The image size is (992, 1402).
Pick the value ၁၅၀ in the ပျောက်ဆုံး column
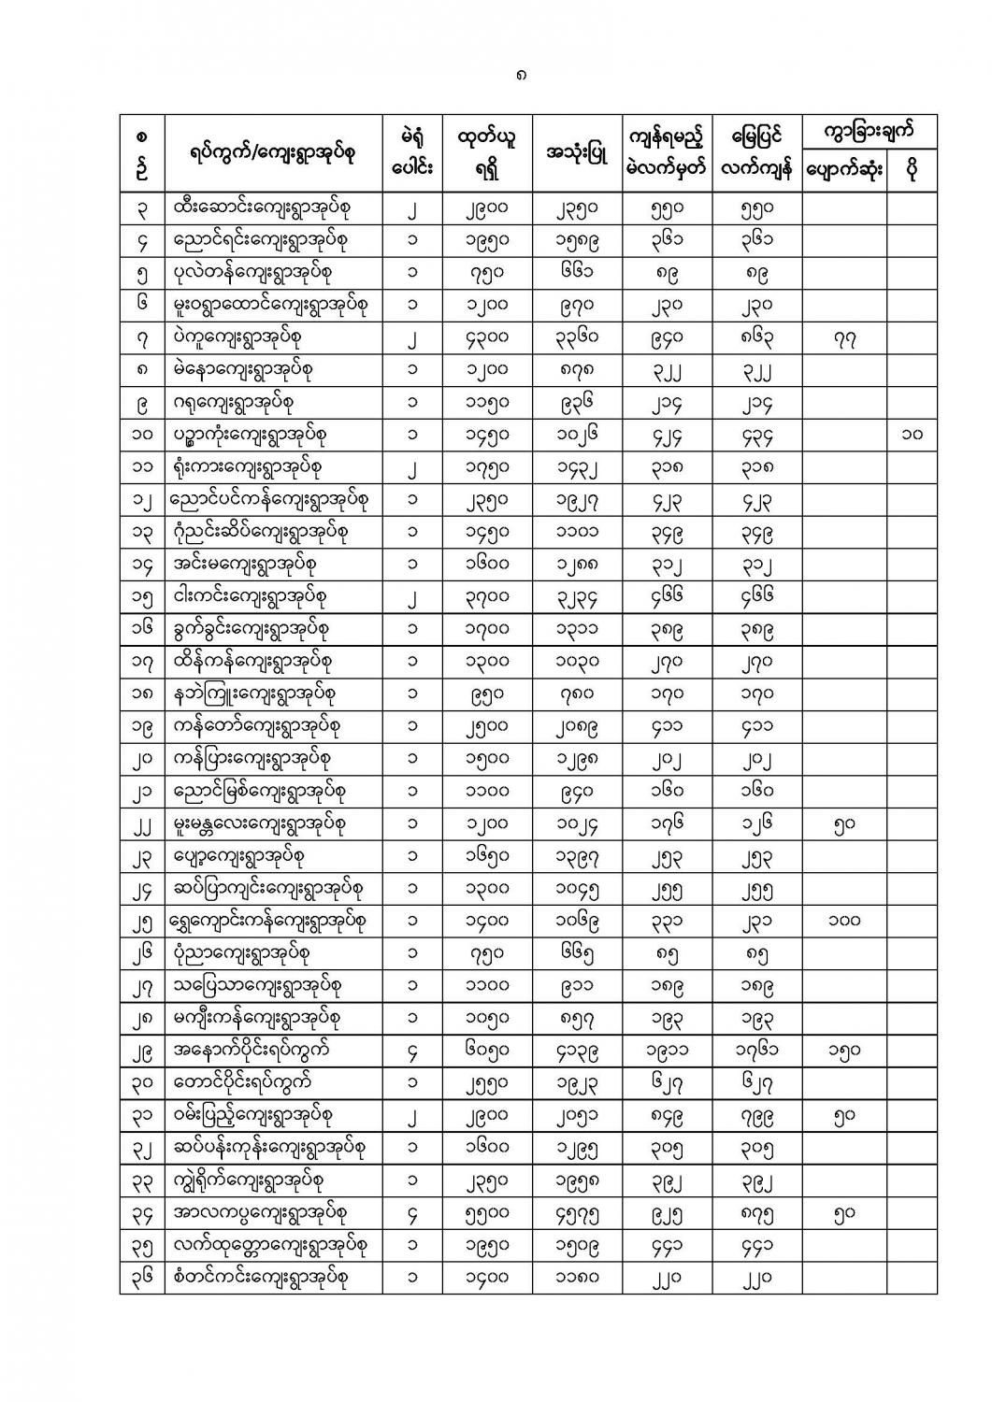click(x=843, y=1051)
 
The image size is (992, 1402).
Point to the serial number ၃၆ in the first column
click(x=142, y=1278)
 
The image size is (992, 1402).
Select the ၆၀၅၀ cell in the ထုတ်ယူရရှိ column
click(x=487, y=1051)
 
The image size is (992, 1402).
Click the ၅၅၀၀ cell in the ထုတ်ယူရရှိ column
click(x=487, y=1213)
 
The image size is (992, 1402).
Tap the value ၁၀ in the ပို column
click(x=912, y=435)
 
